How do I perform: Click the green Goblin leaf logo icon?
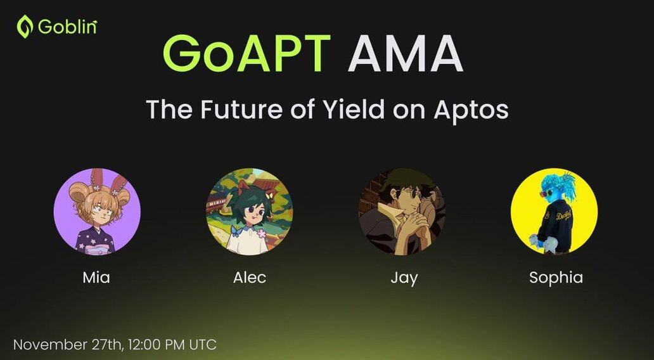coord(24,27)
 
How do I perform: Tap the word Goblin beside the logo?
coord(68,27)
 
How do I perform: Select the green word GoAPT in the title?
coord(246,53)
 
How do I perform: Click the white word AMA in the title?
coord(405,53)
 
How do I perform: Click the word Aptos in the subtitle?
coord(471,110)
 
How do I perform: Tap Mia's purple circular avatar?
coord(97,212)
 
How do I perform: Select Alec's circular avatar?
coord(250,212)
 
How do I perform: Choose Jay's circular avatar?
coord(402,212)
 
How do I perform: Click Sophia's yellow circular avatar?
coord(554,212)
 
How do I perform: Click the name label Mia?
coord(96,278)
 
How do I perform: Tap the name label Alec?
coord(250,278)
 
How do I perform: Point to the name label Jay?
coord(404,279)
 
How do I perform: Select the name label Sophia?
coord(556,278)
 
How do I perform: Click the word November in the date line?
coord(50,345)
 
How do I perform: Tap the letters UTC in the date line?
coord(203,345)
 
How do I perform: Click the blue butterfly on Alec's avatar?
coord(236,231)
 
